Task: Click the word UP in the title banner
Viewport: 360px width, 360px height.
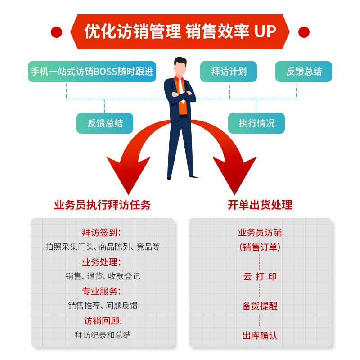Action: (265, 31)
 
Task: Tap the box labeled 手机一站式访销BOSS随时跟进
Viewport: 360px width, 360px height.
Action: (92, 72)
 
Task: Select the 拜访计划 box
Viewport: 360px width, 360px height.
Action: (229, 72)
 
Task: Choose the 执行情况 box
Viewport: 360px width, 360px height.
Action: (256, 123)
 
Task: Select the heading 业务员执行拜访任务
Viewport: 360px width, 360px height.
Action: (103, 205)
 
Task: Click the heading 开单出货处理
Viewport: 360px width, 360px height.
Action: (260, 205)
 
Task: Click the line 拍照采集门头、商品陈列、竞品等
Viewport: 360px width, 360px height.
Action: (103, 247)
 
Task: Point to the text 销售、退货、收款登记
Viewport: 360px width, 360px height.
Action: (103, 276)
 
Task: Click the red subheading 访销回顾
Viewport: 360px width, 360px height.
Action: (103, 321)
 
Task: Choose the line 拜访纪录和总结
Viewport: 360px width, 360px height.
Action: (103, 335)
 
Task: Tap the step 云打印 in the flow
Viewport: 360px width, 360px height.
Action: (260, 277)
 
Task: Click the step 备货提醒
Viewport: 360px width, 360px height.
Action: (260, 306)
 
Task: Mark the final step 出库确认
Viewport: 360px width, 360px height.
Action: (260, 335)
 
